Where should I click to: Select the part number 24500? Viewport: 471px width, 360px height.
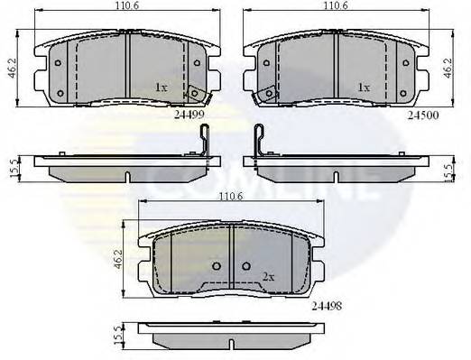pos(423,115)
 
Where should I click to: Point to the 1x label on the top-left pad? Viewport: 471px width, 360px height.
pos(162,88)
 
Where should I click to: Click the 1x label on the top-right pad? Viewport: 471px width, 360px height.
pos(365,88)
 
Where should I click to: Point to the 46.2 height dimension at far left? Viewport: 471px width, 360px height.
pos(12,69)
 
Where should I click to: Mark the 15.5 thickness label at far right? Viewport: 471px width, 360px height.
pos(449,169)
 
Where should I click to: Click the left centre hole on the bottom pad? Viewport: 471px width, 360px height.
pos(216,268)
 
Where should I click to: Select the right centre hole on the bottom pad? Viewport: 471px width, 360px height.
pos(245,268)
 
